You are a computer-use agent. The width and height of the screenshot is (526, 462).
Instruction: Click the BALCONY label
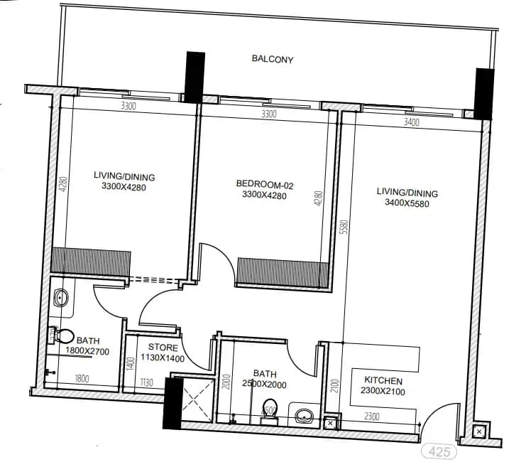point(273,60)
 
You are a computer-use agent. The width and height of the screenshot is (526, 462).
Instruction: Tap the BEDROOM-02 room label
point(265,185)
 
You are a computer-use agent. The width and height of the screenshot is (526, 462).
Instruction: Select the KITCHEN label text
point(383,381)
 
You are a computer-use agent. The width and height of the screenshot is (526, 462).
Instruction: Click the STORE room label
point(163,348)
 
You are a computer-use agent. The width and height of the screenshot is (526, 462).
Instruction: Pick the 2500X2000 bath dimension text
point(263,385)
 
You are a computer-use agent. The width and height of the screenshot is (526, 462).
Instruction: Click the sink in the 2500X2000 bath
point(305,414)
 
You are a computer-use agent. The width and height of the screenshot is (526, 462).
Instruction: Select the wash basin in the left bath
point(60,298)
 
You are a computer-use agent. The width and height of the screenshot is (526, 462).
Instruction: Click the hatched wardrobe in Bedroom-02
point(283,273)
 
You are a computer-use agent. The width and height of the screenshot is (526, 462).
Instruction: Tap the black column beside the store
point(172,403)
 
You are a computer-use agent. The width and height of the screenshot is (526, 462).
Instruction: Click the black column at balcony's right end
point(483,93)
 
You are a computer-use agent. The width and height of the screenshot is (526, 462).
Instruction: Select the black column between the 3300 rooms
point(194,77)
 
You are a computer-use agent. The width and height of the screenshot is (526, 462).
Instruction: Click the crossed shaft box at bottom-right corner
point(478,431)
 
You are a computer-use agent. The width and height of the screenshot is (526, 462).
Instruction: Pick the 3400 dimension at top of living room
point(411,122)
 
